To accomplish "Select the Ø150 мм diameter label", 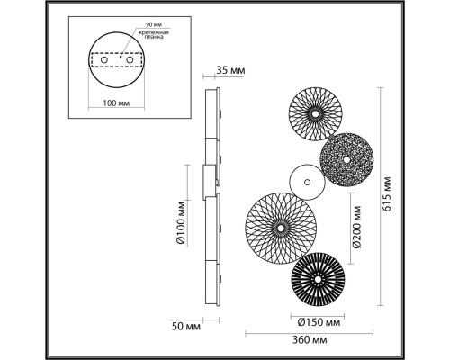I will tap(318, 321).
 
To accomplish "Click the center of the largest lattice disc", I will tap(282, 229).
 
